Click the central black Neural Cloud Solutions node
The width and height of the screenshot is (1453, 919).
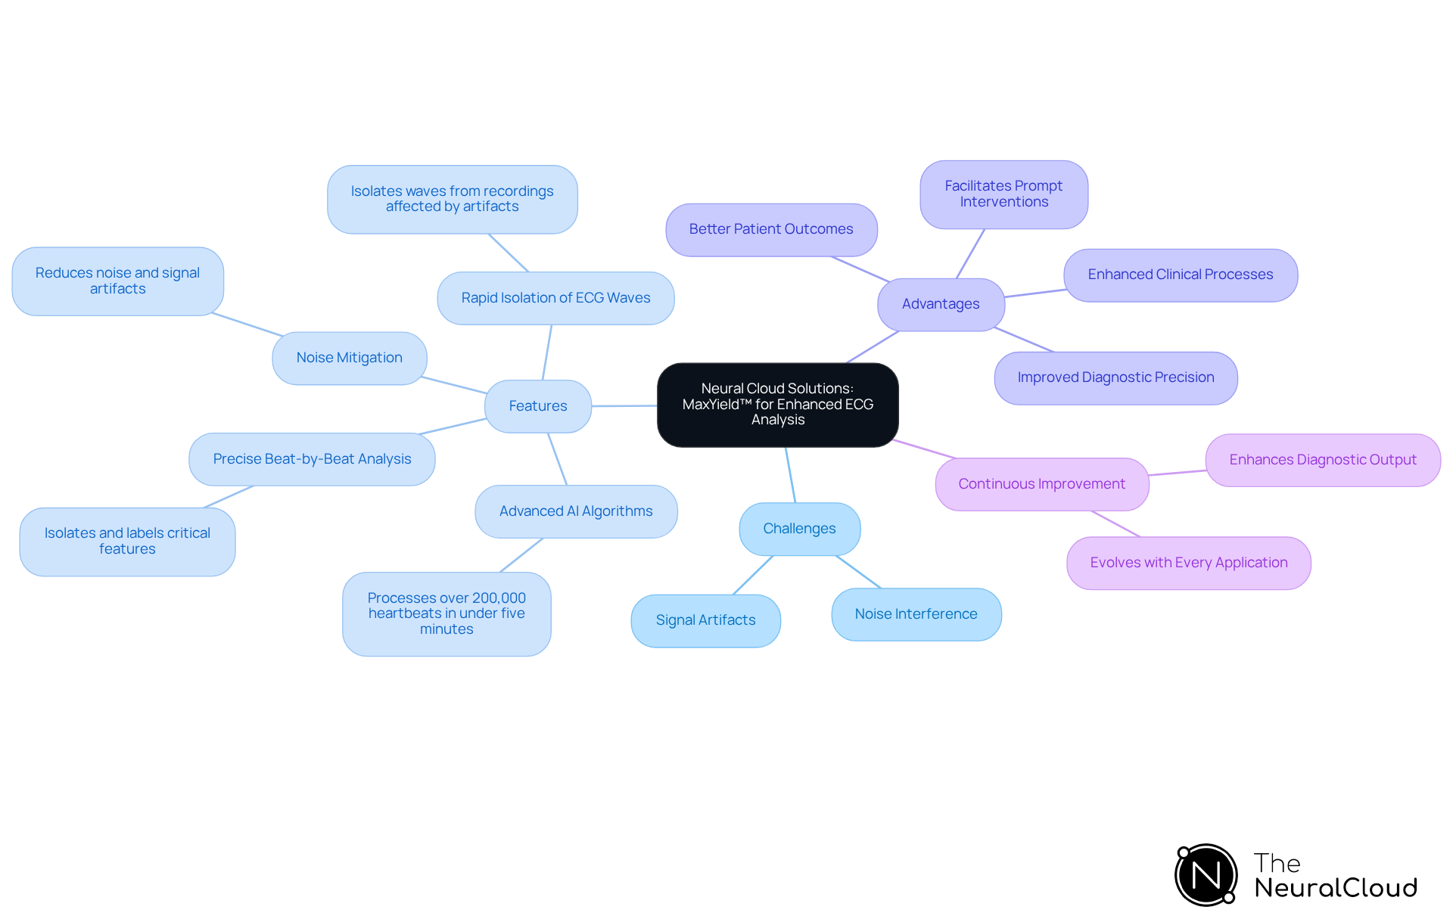point(777,405)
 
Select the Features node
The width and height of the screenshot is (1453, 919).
point(537,406)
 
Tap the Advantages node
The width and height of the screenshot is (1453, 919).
point(940,304)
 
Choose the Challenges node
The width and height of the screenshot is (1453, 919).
point(799,529)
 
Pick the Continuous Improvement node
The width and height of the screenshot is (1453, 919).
point(1041,484)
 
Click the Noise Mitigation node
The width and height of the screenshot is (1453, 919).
point(349,358)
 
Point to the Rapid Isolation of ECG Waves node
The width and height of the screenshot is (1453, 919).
point(555,298)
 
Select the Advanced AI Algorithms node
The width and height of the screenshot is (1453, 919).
point(575,511)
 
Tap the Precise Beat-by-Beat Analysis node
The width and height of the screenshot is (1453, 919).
point(312,459)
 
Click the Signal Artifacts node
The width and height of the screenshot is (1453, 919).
point(705,620)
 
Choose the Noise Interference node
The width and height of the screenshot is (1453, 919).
point(916,614)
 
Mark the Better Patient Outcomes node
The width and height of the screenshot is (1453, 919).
point(770,229)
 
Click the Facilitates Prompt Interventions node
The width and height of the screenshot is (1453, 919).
point(1003,194)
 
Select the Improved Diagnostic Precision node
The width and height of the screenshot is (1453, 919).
point(1115,377)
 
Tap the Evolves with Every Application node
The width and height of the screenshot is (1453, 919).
point(1188,563)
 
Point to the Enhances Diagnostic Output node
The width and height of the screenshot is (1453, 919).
point(1322,460)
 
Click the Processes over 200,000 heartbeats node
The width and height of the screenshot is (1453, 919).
point(446,613)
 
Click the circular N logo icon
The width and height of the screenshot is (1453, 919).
point(1206,875)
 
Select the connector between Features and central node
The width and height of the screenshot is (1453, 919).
point(624,406)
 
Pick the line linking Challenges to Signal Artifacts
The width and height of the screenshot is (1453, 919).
point(753,576)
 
